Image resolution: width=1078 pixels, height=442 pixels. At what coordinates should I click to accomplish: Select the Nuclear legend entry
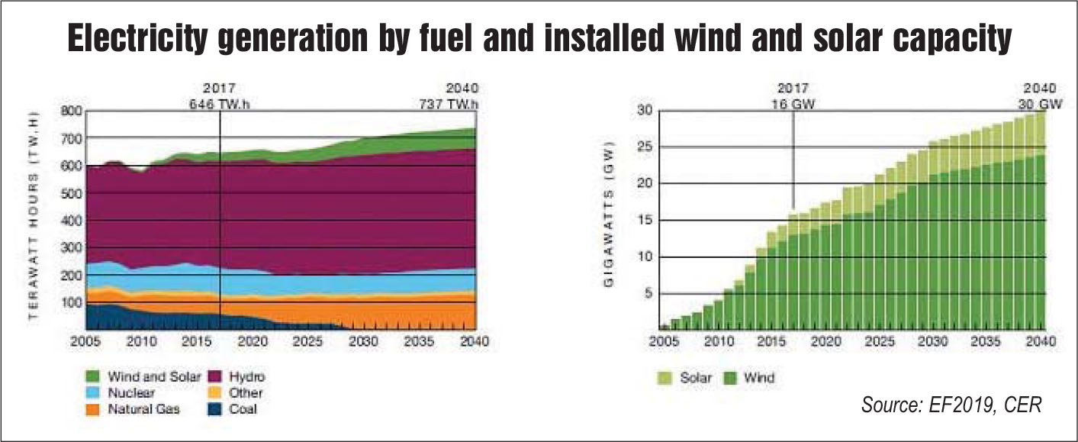point(132,393)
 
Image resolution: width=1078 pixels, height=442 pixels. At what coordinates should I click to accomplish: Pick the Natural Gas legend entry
point(143,409)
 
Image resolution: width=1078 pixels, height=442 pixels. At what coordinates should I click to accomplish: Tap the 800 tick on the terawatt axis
point(70,111)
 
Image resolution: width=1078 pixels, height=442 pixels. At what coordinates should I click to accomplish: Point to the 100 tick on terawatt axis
point(70,302)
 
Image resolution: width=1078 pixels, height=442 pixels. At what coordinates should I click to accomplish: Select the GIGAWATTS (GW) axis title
point(609,221)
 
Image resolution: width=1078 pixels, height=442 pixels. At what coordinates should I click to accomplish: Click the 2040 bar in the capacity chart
point(1039,221)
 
